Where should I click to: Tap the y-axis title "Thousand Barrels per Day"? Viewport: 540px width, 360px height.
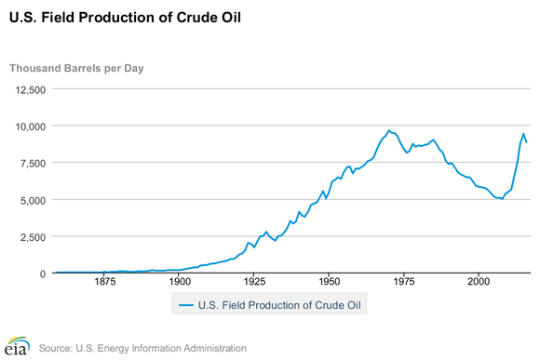[76, 69]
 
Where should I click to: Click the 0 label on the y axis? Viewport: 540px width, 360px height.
[41, 273]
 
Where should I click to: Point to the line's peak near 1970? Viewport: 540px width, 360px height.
[389, 130]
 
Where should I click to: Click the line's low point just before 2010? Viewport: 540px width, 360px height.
[502, 199]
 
